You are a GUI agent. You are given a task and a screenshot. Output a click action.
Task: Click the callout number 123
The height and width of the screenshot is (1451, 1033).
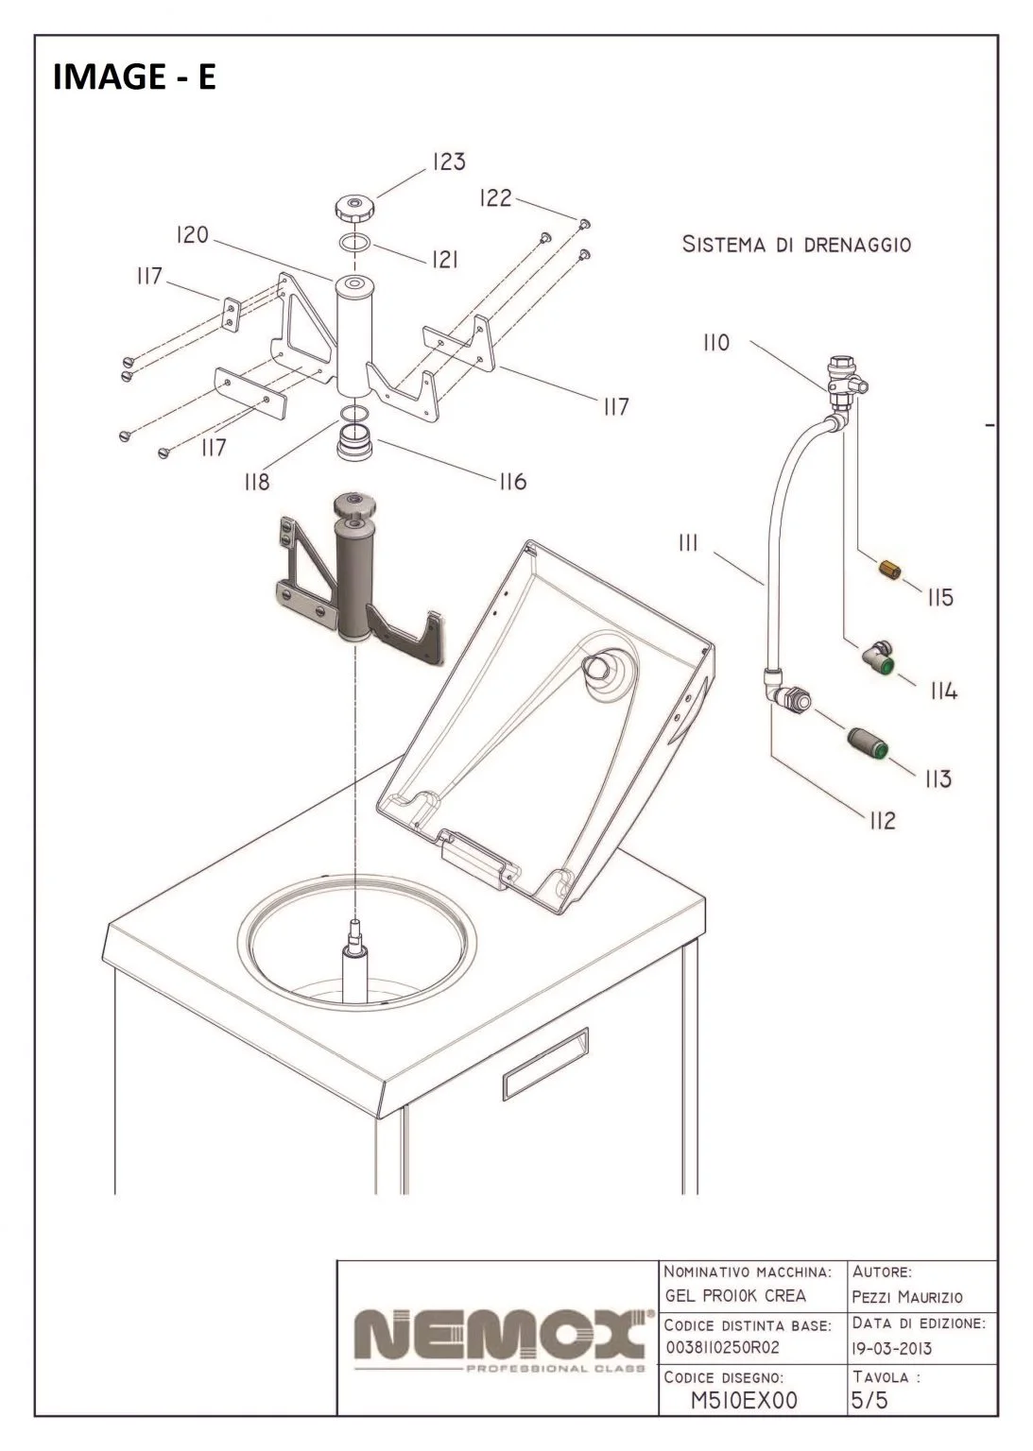coord(449,162)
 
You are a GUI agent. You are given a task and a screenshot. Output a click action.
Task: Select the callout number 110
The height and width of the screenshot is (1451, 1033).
coord(715,343)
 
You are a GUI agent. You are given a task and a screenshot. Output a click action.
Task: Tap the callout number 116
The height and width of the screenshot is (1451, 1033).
coord(512,482)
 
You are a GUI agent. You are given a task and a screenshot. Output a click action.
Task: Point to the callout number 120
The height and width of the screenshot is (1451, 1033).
coord(193,235)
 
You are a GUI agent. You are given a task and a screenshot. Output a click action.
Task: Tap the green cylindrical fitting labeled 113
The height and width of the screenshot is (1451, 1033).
coord(867,744)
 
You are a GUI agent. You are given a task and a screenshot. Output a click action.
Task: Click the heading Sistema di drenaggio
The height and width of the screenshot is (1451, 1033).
coord(797,245)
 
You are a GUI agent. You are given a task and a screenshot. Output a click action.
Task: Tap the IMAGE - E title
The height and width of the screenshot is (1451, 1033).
coord(134,77)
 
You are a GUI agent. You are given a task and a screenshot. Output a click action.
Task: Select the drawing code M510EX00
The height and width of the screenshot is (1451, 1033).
coord(745,1400)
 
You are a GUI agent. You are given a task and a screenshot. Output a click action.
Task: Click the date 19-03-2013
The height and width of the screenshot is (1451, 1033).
coord(891,1348)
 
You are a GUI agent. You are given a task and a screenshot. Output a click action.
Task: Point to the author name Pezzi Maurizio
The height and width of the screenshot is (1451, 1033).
coord(907,1297)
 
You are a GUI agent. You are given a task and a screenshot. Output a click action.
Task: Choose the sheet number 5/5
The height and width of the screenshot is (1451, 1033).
coord(869,1400)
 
